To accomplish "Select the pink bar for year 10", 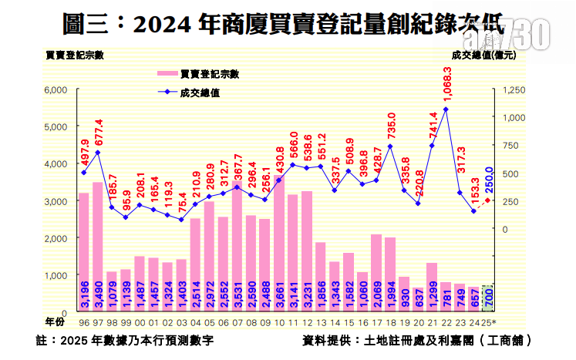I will (278, 242).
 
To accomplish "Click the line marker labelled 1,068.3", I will (446, 109).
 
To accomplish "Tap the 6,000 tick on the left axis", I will (59, 90).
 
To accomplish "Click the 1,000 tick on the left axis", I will (59, 275).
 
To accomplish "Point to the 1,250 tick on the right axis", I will (514, 90).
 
